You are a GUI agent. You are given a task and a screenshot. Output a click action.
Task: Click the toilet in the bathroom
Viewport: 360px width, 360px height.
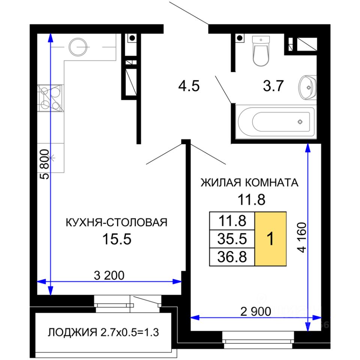pos(261,51)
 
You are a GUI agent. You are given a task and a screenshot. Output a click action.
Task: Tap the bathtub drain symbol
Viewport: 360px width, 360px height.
pos(300,121)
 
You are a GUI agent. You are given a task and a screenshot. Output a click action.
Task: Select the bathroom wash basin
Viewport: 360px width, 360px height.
pos(307,87)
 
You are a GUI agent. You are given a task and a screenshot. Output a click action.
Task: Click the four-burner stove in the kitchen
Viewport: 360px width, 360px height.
pos(50,98)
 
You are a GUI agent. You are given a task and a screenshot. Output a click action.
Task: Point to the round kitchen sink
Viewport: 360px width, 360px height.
pos(78,47)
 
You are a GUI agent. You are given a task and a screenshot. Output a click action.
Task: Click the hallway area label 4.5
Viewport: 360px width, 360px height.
pos(189,86)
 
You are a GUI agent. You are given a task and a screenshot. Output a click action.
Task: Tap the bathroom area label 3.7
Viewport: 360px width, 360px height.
pos(273,86)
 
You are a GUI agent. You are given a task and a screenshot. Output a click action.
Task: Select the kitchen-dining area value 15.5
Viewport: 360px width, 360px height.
pos(117,239)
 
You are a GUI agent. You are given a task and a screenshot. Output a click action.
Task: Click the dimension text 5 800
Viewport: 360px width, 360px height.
pos(45,164)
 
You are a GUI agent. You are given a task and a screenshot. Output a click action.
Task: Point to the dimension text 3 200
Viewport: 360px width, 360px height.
pos(109,275)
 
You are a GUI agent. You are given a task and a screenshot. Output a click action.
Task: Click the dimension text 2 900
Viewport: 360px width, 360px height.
pos(255,312)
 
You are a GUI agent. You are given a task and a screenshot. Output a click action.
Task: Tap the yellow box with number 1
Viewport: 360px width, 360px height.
pos(270,239)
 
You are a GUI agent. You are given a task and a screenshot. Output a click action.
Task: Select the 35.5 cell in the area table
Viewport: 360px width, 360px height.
pos(232,239)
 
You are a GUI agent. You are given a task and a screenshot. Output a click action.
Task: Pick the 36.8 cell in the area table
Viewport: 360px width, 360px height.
pos(232,256)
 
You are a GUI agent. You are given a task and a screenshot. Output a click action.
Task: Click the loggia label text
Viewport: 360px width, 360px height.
pos(103,333)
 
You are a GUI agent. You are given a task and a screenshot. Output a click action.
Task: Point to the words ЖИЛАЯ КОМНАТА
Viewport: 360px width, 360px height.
pos(249,183)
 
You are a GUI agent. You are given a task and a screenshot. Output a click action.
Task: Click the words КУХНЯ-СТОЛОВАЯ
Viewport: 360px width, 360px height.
pos(117,222)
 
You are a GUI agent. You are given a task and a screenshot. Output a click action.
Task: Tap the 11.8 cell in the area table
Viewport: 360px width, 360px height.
pos(232,221)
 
